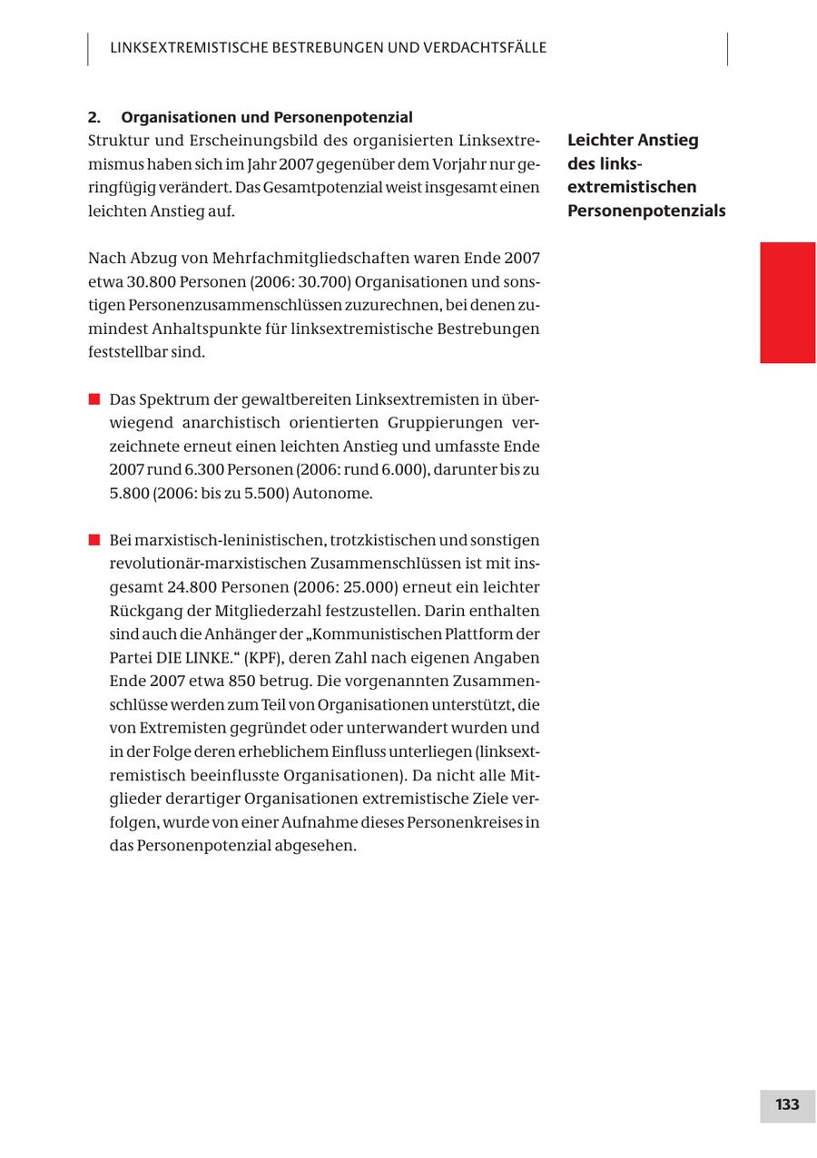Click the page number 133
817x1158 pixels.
pyautogui.click(x=787, y=1104)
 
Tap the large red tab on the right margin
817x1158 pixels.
pyautogui.click(x=787, y=302)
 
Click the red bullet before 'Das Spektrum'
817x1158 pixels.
pyautogui.click(x=94, y=399)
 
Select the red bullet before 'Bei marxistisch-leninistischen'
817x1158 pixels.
pyautogui.click(x=94, y=540)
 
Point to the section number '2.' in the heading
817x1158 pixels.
pyautogui.click(x=94, y=117)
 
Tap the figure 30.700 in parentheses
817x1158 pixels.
pyautogui.click(x=324, y=281)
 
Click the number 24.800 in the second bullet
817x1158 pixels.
pyautogui.click(x=191, y=587)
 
